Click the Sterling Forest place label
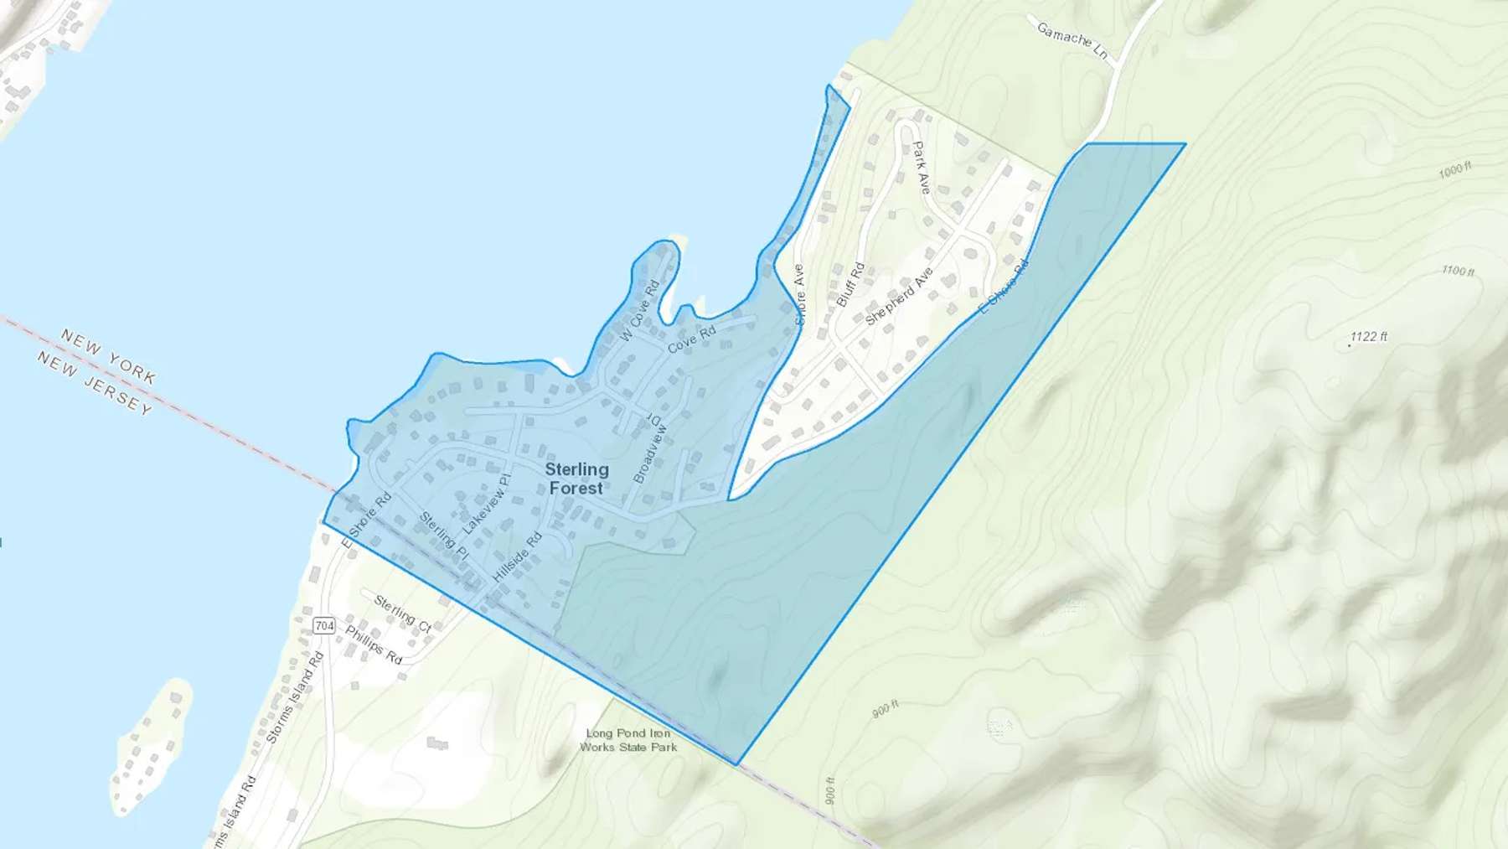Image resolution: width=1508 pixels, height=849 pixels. [576, 479]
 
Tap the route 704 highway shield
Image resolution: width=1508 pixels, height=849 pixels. [324, 625]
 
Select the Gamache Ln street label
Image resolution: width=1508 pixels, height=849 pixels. [1072, 40]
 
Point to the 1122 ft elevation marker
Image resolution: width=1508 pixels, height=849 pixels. [1368, 337]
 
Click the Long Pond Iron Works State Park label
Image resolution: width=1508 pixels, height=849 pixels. [628, 740]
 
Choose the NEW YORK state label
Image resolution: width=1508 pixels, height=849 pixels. [108, 356]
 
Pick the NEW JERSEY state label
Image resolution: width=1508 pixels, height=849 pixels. [95, 383]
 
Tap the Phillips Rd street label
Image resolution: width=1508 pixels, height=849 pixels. [374, 645]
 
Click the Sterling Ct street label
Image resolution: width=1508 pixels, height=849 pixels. [402, 614]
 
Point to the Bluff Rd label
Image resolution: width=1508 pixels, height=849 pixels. [850, 284]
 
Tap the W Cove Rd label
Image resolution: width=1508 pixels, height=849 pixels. [640, 310]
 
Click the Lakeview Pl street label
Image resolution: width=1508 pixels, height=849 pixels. [486, 505]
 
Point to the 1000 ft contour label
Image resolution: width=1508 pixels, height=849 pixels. [1454, 170]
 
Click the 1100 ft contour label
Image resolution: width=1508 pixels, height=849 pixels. [1458, 271]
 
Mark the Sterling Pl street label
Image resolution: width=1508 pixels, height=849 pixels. [444, 536]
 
